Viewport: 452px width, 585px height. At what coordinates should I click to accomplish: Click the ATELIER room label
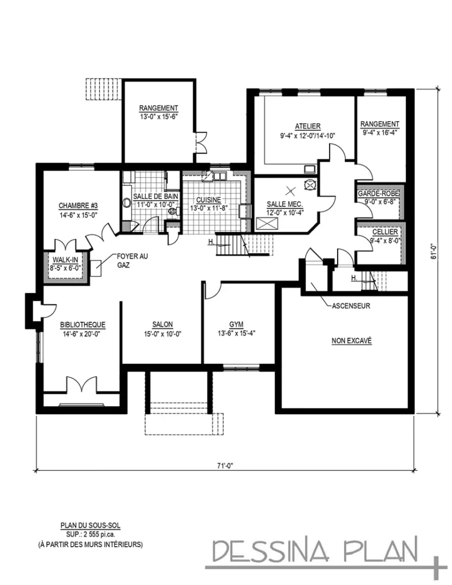coord(307,126)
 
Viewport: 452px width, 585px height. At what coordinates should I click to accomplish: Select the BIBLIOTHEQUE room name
coord(82,324)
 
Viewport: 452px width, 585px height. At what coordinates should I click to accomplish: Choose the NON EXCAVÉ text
coord(351,340)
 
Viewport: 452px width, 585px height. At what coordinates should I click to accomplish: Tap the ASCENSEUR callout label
coord(351,306)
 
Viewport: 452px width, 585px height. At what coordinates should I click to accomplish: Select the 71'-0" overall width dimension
coord(225,466)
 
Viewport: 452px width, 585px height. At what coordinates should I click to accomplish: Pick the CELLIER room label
coord(381,233)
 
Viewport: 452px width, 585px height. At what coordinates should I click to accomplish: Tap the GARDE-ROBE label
coord(379,194)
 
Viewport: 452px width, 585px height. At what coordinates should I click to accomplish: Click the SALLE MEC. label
coord(284,205)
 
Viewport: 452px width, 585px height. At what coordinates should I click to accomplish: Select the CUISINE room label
coord(210,200)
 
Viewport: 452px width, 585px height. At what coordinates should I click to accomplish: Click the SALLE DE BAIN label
coord(155,196)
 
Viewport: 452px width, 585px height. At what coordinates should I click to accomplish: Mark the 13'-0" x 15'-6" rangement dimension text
coord(158,117)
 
